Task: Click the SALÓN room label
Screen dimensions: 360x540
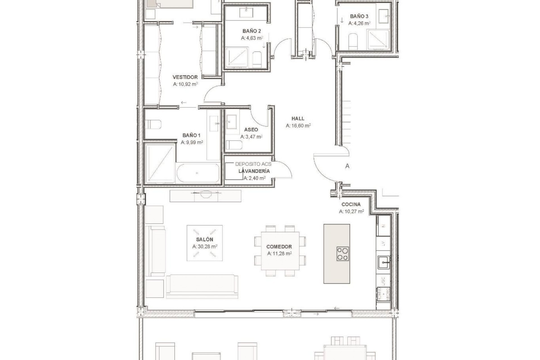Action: (204, 239)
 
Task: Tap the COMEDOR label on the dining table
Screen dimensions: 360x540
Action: (279, 247)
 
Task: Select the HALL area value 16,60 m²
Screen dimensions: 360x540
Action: (298, 126)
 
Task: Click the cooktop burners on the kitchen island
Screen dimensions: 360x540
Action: (343, 254)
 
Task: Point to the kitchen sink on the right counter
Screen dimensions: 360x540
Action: (383, 263)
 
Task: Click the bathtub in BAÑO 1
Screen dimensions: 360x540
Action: (198, 173)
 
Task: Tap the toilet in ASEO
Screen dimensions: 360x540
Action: (234, 145)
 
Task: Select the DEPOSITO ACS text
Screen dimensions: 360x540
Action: (253, 164)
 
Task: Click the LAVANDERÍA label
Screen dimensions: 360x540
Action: (254, 171)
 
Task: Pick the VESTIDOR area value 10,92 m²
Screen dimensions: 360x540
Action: (185, 84)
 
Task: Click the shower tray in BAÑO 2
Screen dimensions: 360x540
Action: (237, 57)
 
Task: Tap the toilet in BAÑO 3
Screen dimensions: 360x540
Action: (353, 42)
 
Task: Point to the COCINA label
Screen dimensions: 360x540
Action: (351, 204)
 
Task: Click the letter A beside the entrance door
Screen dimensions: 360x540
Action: (347, 166)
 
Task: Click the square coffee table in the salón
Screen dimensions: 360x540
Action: (204, 243)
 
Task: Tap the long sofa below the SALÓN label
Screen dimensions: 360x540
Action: (202, 286)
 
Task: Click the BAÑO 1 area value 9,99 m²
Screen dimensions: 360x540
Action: (192, 142)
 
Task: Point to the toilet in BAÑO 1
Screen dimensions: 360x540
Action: (153, 124)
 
